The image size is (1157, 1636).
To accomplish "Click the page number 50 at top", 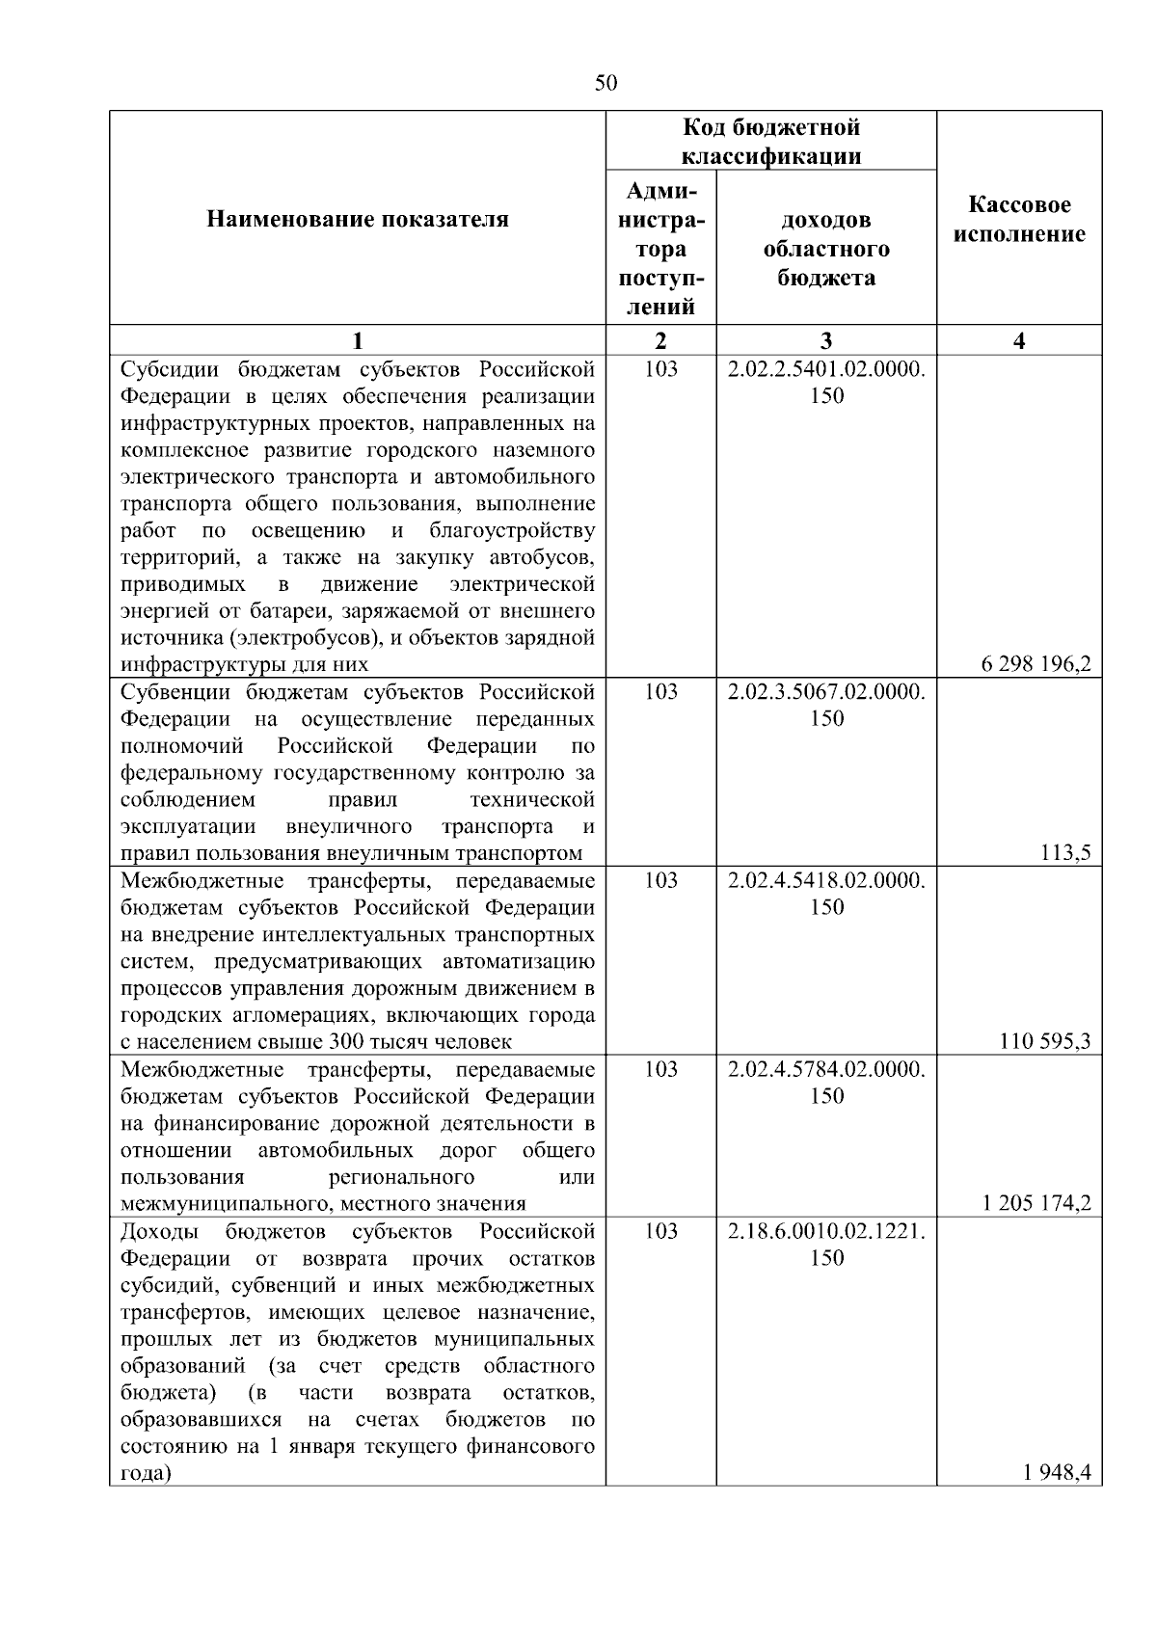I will pos(605,83).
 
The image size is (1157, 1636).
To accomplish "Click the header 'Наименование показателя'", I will pos(358,220).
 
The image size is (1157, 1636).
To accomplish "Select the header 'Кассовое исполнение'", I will pos(1019,220).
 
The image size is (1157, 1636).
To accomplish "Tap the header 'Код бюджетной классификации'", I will pos(771,142).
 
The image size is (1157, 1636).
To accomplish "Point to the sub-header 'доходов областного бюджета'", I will pos(826,249).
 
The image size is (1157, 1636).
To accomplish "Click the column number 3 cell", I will pos(826,340).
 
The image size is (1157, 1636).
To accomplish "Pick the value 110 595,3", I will pos(1045,1041).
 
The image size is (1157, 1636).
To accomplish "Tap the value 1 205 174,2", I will pos(1036,1203).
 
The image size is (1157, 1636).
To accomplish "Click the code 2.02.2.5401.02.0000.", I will pos(826,369).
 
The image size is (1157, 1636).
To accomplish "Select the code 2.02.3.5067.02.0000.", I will pos(826,692).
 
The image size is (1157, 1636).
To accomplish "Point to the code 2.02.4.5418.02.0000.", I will pos(826,881).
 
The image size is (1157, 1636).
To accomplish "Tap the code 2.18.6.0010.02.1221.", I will pos(826,1231).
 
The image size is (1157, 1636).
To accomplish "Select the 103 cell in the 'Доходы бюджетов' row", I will pos(660,1231).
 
